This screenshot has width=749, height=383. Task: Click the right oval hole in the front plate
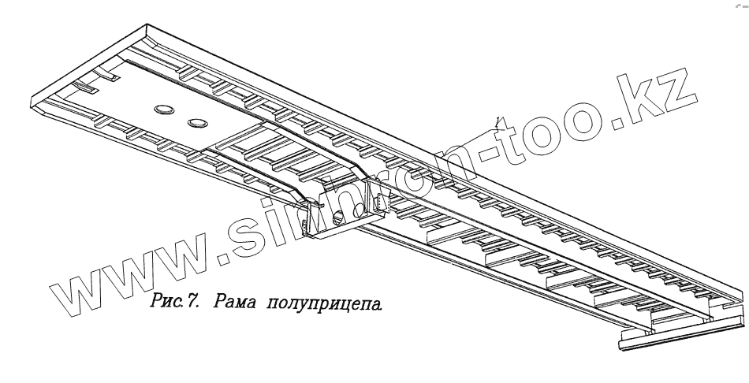196,123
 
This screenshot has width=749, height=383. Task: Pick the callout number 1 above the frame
497,120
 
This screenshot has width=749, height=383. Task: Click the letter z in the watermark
673,88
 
